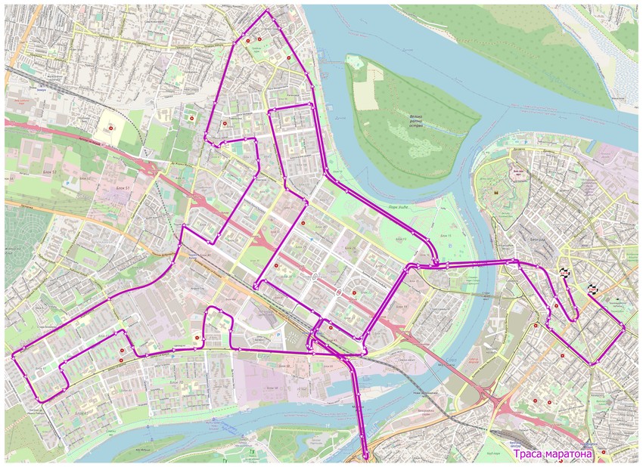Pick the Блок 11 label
pos(446,236)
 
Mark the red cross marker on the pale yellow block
pos(111,129)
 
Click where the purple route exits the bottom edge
pos(366,458)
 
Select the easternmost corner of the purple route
pos(625,326)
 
